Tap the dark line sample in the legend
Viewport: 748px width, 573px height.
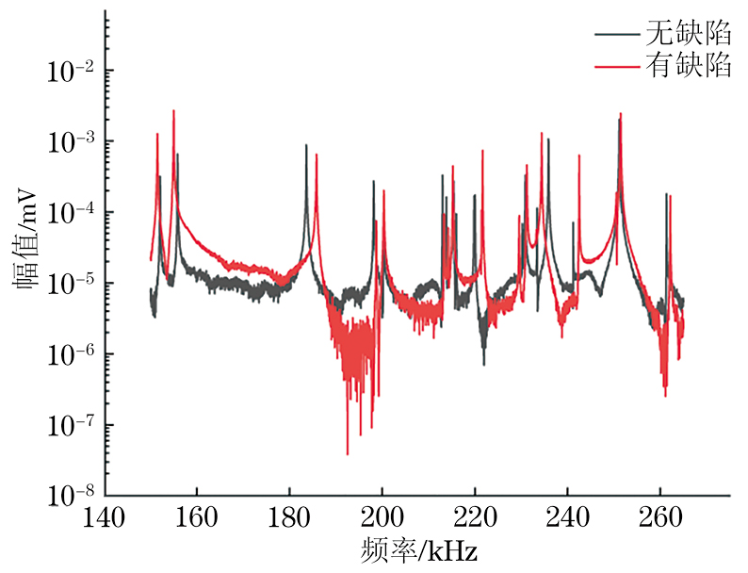point(616,35)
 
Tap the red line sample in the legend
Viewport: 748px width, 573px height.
point(616,67)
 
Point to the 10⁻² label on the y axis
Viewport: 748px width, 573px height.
point(68,70)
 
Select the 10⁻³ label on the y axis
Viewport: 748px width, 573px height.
point(68,140)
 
